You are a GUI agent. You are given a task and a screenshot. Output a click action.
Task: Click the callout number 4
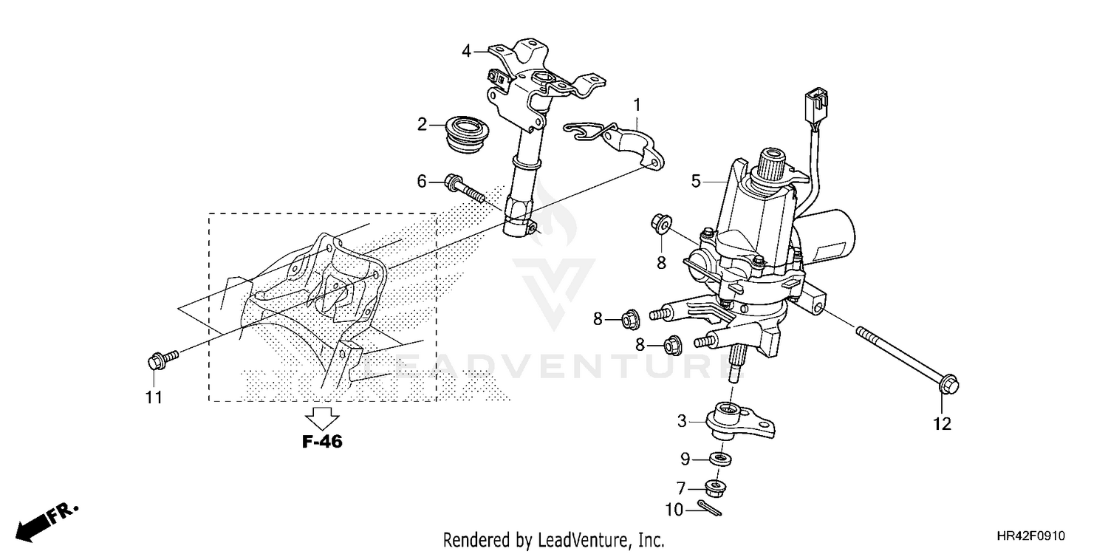click(x=466, y=51)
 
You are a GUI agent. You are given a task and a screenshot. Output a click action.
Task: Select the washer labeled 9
click(x=720, y=459)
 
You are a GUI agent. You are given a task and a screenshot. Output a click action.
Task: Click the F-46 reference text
click(x=322, y=442)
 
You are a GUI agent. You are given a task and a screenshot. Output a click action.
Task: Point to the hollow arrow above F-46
click(x=322, y=418)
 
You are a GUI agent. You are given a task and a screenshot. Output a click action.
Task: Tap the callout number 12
click(x=942, y=424)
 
